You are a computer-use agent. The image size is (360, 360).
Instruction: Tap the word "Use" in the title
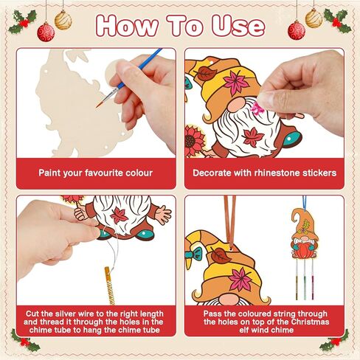tap(235, 25)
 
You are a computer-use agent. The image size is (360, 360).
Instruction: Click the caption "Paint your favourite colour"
tap(96, 173)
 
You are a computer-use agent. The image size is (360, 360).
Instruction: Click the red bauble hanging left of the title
tap(46, 30)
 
